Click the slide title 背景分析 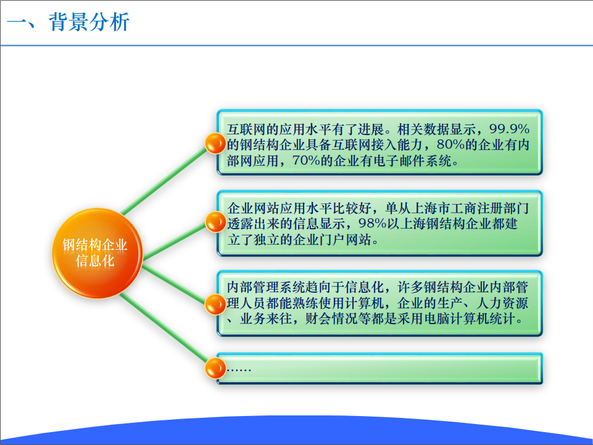(89, 22)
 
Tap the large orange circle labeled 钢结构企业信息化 (97, 253)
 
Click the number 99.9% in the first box (509, 129)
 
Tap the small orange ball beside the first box (215, 144)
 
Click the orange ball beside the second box (215, 222)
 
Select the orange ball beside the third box (215, 304)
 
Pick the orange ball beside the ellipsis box (215, 369)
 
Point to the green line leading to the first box (164, 181)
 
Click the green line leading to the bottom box (164, 328)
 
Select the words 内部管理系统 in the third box (266, 287)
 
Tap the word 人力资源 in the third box (502, 303)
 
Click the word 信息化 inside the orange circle (95, 261)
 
